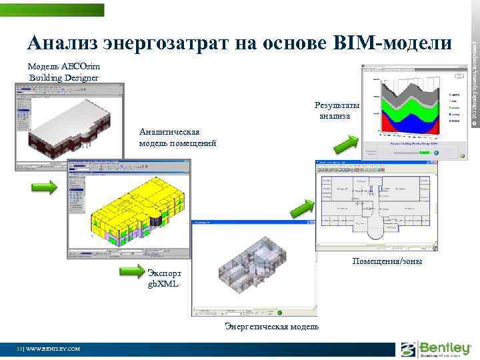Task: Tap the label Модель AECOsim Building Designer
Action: tap(63, 72)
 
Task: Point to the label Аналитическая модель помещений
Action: tap(177, 137)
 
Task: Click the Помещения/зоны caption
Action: tap(387, 261)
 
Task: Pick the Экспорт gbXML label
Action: tap(163, 279)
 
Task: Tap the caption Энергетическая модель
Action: tap(271, 326)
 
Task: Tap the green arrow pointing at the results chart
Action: tap(346, 143)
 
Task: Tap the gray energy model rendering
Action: tap(253, 267)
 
